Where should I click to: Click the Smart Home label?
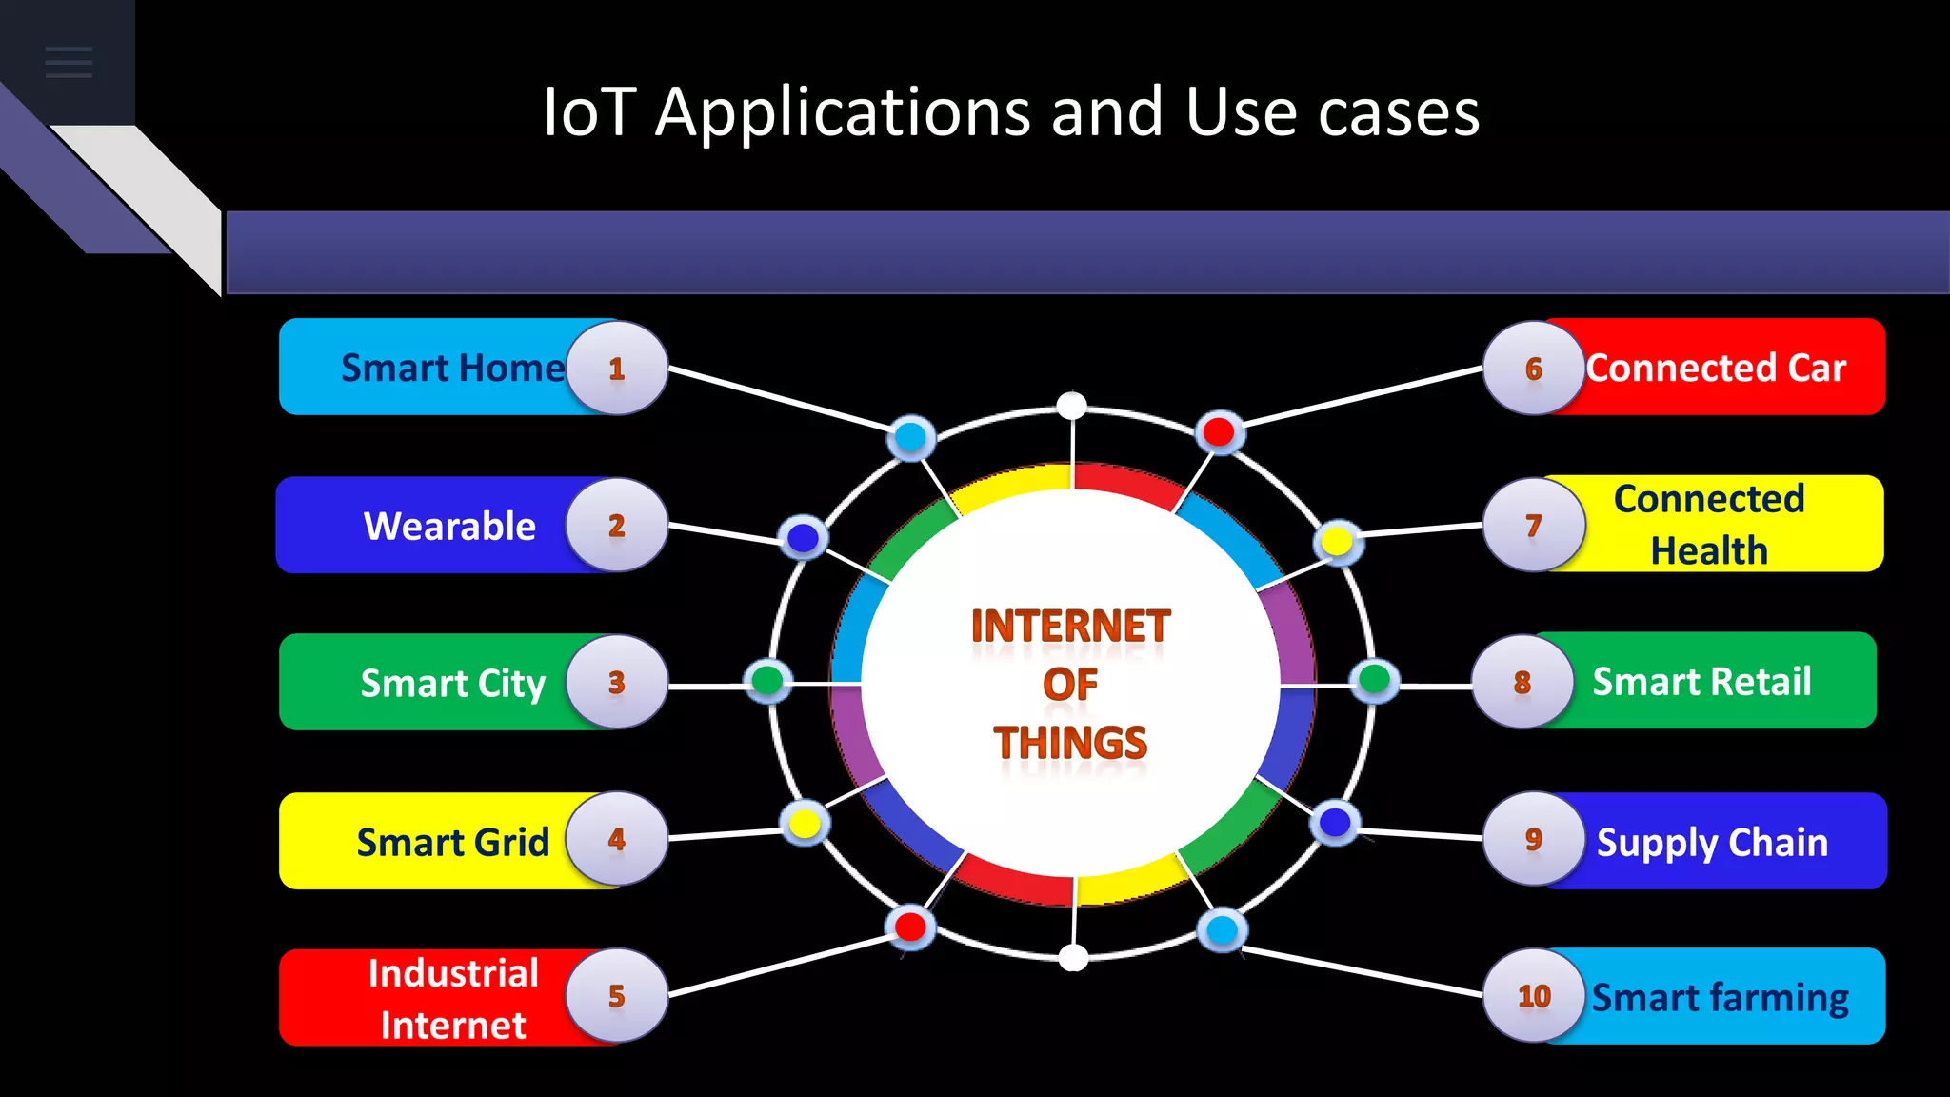pos(452,368)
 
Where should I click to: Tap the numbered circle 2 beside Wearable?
pos(616,526)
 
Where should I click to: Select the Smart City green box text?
pos(452,683)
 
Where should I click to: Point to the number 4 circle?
pos(616,839)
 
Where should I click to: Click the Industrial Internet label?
pos(452,998)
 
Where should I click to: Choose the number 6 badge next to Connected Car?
pos(1533,368)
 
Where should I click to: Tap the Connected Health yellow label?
pos(1708,525)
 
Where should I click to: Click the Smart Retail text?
pos(1701,682)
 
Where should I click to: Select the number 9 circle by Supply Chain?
pos(1533,839)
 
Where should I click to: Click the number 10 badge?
pos(1534,996)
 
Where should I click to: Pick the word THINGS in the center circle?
pos(1070,743)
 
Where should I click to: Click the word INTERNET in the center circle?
pos(1070,627)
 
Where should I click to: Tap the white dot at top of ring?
pos(1072,406)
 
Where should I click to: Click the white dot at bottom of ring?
pos(1073,958)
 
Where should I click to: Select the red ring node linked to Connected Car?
pos(1219,432)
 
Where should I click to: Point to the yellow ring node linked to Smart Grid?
pos(805,823)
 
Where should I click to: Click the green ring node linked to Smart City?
pos(767,680)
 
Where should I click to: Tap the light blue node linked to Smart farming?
pos(1222,929)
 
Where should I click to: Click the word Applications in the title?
pos(843,112)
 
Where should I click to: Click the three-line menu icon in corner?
pos(69,62)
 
